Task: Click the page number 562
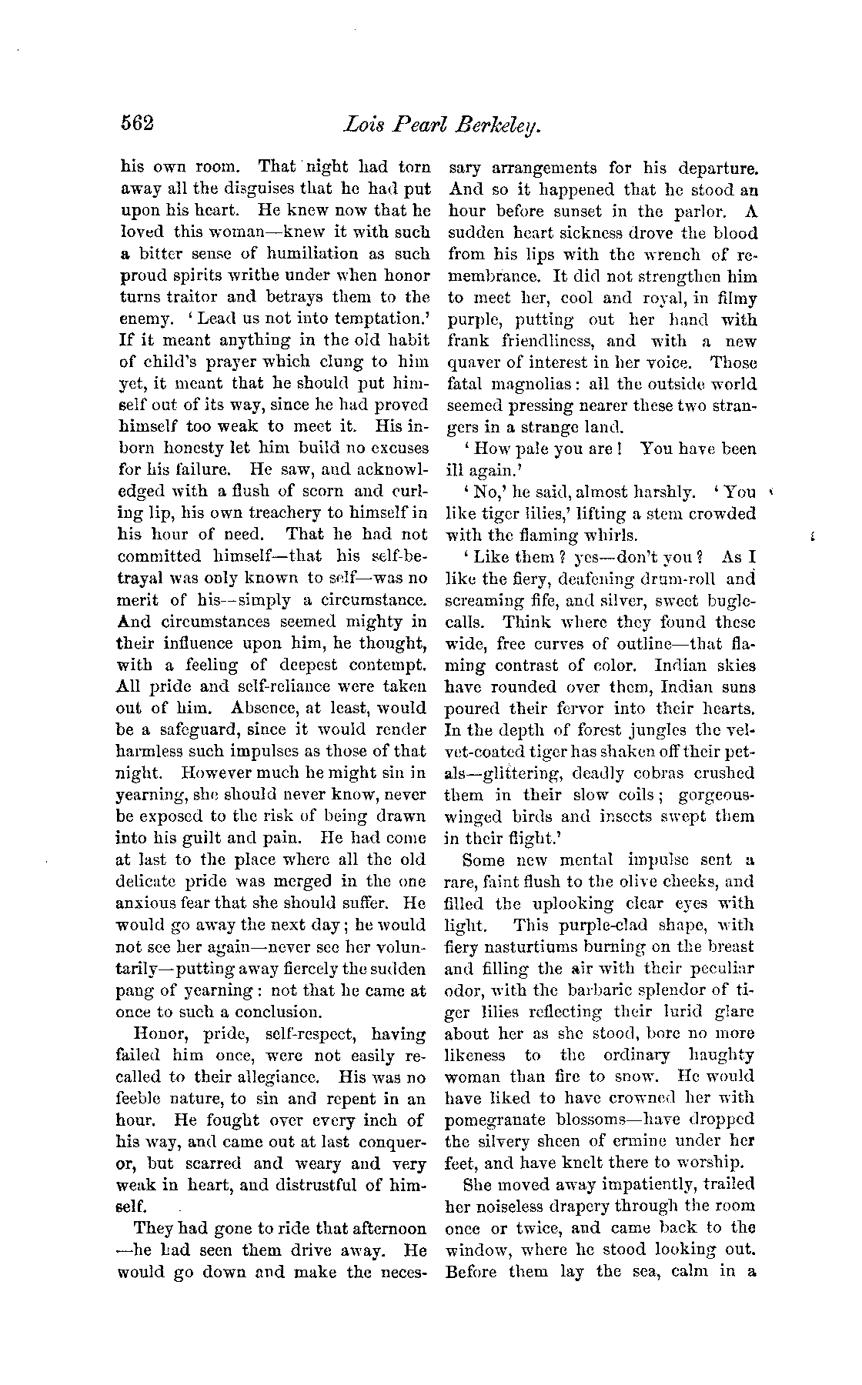coord(138,123)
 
